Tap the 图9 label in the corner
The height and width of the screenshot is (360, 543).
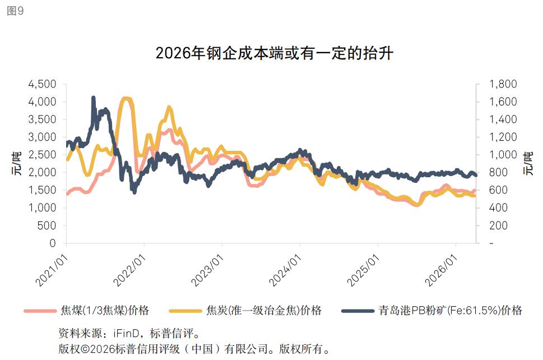[x=15, y=11]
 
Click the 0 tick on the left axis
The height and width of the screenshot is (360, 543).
[x=53, y=243]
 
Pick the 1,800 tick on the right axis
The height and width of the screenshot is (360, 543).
[x=503, y=84]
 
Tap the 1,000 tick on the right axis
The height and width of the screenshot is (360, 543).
[x=503, y=155]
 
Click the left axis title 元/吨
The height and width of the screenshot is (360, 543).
[x=17, y=164]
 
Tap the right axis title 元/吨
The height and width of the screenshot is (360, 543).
[x=528, y=164]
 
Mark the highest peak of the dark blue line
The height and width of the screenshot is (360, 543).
[x=93, y=98]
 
